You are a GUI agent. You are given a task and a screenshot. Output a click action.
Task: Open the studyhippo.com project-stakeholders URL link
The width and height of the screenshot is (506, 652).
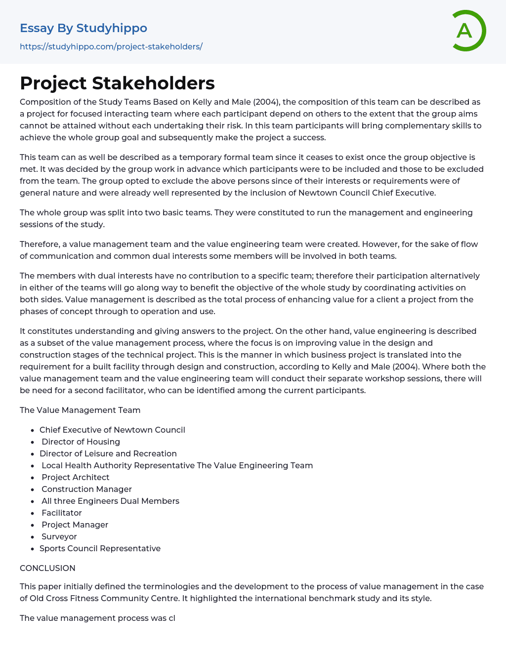point(111,46)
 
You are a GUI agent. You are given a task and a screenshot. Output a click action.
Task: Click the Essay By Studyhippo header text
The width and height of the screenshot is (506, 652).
point(84,28)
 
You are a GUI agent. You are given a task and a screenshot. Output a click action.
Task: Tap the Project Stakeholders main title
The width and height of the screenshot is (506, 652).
point(117,83)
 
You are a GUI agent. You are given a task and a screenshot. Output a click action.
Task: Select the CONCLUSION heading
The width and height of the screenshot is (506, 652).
point(47,568)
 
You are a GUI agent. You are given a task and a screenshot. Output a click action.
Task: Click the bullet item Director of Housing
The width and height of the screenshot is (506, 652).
point(81,442)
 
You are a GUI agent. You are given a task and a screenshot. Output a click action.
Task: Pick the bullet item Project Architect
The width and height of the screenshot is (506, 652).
point(75,477)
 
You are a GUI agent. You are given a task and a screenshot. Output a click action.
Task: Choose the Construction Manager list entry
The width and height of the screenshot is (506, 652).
point(86,489)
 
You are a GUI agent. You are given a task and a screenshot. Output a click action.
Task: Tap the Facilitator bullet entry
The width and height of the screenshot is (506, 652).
point(62,513)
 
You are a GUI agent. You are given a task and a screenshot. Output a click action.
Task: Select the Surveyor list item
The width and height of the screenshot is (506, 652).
point(59,536)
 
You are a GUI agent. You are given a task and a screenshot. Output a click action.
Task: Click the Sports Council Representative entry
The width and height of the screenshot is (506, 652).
point(100,548)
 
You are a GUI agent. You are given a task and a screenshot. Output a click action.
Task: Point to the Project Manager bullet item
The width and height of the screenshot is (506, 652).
point(75,525)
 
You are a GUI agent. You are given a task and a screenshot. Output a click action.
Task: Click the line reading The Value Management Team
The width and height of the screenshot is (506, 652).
point(80,410)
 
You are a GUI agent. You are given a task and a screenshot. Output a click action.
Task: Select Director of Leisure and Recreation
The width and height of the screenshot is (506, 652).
point(108,453)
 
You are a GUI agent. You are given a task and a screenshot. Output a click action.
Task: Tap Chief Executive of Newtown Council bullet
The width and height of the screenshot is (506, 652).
point(112,430)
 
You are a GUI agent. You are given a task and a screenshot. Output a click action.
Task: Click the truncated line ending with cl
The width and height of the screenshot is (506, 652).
point(97,618)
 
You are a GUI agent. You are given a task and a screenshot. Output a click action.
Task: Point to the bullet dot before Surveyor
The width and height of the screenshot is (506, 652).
point(33,537)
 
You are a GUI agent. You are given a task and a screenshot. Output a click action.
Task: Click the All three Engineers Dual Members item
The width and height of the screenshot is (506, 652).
point(110,501)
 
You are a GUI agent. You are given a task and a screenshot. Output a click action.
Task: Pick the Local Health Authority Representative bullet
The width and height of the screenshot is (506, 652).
point(118,465)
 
